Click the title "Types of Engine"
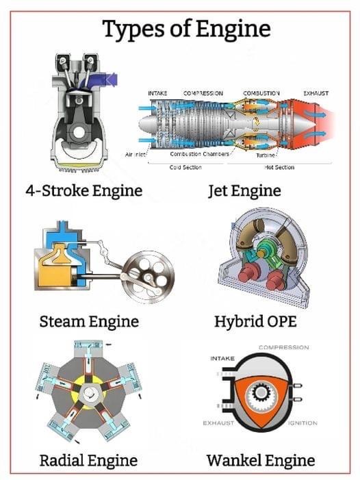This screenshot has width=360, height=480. (x=186, y=29)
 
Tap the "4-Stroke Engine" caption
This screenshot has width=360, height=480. (x=84, y=190)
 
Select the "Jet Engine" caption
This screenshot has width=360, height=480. (x=244, y=190)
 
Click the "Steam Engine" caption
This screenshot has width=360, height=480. (x=89, y=321)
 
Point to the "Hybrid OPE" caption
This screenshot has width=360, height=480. (x=255, y=321)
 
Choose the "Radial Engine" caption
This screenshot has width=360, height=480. (x=89, y=460)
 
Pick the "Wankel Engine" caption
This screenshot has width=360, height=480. (x=261, y=460)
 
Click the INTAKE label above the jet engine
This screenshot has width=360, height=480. (x=157, y=93)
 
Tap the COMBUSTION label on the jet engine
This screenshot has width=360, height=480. (x=261, y=93)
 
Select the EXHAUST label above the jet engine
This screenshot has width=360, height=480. (x=316, y=93)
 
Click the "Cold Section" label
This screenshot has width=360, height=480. (x=185, y=167)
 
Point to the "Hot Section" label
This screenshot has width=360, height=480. (x=279, y=167)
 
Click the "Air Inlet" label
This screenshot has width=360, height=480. (x=136, y=155)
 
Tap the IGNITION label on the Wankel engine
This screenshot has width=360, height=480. (x=303, y=423)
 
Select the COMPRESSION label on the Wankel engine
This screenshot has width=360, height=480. (x=284, y=347)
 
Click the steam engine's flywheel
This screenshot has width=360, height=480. (x=150, y=277)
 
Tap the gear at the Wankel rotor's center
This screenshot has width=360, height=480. (x=260, y=392)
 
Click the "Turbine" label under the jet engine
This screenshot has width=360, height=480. (x=266, y=155)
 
